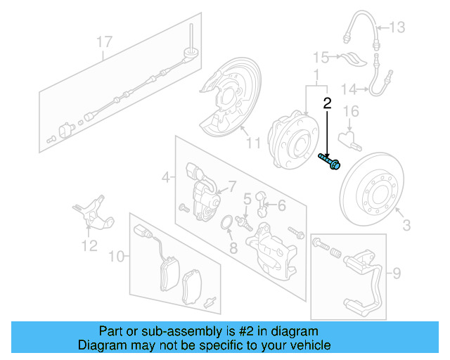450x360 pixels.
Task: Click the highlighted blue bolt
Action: [x=331, y=162]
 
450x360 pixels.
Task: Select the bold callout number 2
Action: [x=327, y=104]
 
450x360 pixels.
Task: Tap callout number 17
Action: [x=103, y=42]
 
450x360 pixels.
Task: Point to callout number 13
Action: [x=398, y=27]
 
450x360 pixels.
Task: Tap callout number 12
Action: [x=89, y=246]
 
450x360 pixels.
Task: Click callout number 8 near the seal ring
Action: [x=233, y=247]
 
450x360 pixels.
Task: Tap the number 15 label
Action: [x=321, y=56]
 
